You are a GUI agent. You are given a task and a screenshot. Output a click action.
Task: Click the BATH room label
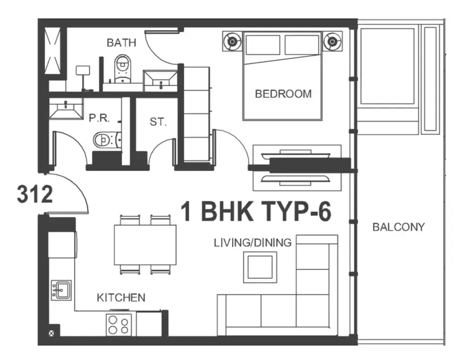tap(121, 43)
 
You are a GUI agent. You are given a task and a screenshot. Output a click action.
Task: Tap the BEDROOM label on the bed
tap(283, 94)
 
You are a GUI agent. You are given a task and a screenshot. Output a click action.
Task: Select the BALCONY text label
tap(398, 227)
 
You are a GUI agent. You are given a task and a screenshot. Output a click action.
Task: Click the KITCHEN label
tap(121, 297)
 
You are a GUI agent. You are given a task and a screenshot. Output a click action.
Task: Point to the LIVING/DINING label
tap(252, 243)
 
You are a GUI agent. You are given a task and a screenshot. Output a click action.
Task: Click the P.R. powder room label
tap(99, 118)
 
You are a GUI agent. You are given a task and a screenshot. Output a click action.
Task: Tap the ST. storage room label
tap(158, 122)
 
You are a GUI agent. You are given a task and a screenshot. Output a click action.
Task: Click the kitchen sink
tap(61, 290)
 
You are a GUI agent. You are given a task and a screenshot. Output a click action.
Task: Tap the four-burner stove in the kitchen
tap(119, 325)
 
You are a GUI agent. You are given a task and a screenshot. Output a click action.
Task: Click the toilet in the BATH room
tap(123, 68)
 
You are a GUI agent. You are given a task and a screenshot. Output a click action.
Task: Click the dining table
tap(145, 245)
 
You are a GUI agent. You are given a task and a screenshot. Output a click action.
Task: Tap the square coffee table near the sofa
tap(260, 267)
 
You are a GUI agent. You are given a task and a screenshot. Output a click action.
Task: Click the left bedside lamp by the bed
tap(232, 41)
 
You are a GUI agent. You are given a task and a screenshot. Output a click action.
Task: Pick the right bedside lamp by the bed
tap(332, 41)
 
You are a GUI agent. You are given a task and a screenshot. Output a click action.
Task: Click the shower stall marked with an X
tap(53, 51)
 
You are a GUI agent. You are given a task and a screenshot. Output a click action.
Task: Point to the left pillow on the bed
tap(263, 45)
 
